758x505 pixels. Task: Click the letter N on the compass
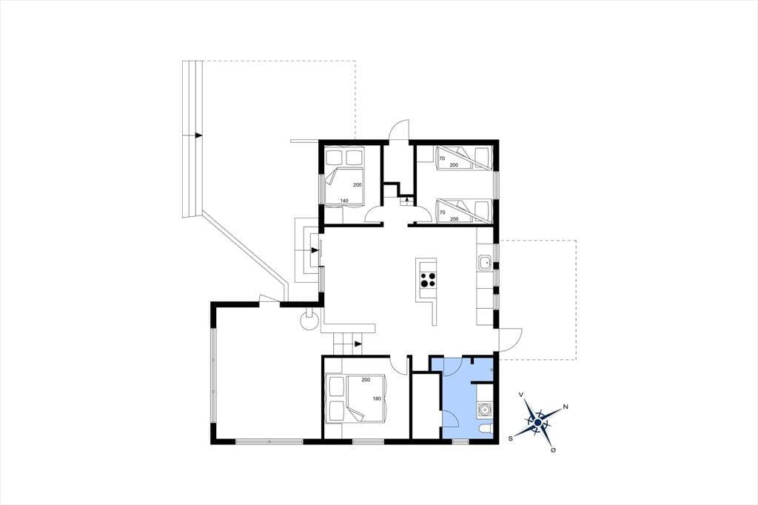tap(565, 407)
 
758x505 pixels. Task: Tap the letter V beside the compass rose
tap(520, 395)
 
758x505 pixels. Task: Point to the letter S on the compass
tap(510, 438)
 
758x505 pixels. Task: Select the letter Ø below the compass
tap(553, 450)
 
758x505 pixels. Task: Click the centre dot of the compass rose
tap(537, 422)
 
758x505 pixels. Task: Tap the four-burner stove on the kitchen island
tap(427, 280)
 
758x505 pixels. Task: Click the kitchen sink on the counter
tap(484, 264)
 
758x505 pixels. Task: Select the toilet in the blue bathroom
tap(486, 428)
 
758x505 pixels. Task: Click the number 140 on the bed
tap(344, 200)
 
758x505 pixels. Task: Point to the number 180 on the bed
tap(377, 399)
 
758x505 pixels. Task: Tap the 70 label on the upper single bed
tap(442, 158)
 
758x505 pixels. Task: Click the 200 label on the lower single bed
tap(454, 219)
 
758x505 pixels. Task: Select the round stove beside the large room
tap(309, 320)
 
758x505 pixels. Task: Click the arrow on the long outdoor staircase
tap(198, 136)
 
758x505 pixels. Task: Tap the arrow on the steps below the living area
tap(358, 344)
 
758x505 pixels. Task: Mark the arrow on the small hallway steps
tap(408, 198)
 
